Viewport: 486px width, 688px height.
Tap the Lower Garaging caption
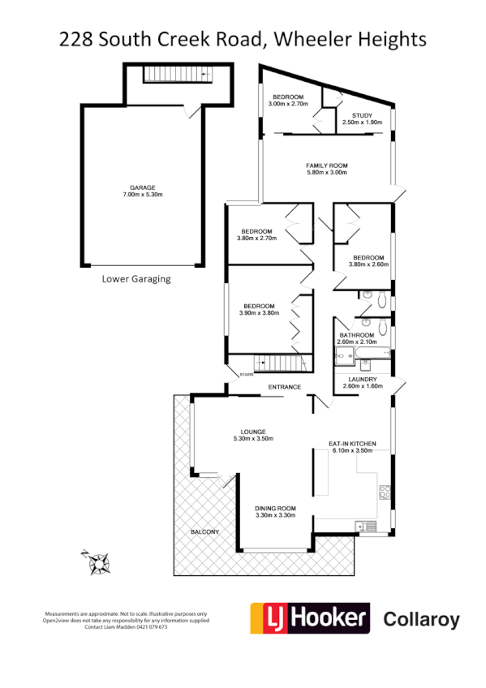click(136, 278)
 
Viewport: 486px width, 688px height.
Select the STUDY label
click(362, 116)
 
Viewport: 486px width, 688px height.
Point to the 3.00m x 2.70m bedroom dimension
click(286, 105)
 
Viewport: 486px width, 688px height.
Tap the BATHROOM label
click(357, 335)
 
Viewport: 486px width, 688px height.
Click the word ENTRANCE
click(285, 387)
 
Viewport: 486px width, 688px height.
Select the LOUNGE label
click(253, 431)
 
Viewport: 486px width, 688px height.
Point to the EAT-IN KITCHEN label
click(352, 443)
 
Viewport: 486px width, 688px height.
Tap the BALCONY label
click(204, 531)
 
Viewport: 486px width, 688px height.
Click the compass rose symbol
click(98, 561)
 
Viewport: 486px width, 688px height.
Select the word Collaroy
click(420, 621)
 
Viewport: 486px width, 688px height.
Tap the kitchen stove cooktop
click(385, 492)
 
